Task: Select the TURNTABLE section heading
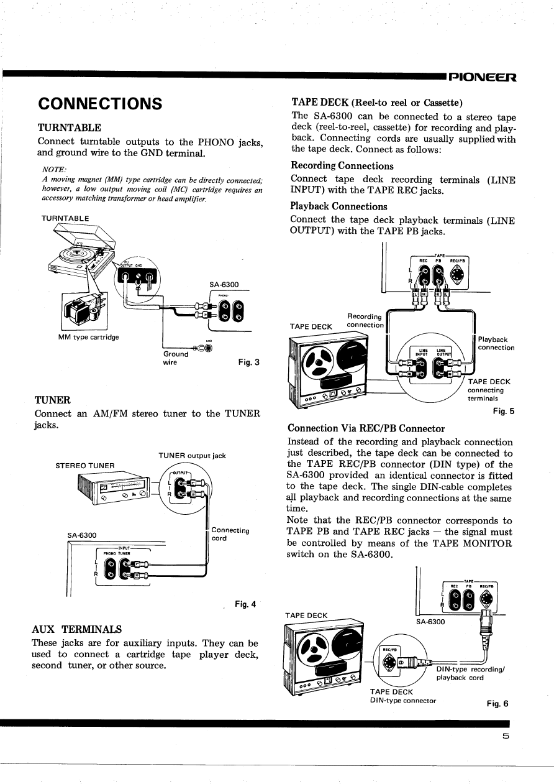[70, 127]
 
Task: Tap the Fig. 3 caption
[248, 362]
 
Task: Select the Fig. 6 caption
[497, 704]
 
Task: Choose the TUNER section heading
[53, 400]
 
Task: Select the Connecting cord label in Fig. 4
[230, 534]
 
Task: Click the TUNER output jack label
[192, 456]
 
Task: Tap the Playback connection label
[496, 343]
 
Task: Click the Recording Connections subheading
[342, 166]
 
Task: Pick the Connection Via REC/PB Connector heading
[366, 428]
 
